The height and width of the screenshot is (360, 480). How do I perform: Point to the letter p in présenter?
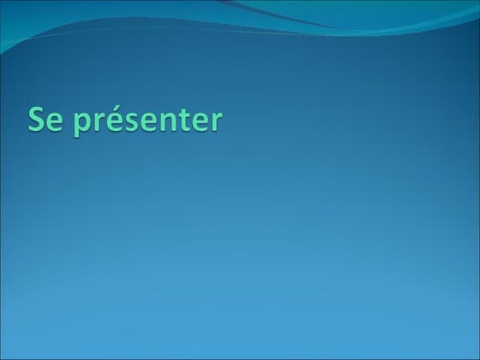click(84, 125)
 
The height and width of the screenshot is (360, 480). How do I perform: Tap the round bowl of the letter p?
click(87, 123)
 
